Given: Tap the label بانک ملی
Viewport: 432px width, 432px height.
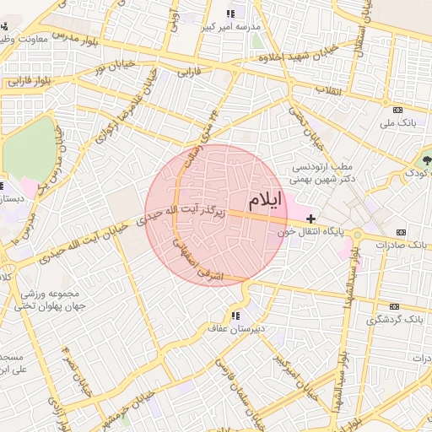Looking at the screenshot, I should pos(399,124).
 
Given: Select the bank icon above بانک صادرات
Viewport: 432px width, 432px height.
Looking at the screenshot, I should pos(399,231).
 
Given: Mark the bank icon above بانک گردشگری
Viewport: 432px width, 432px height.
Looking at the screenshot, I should pos(393,307).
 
